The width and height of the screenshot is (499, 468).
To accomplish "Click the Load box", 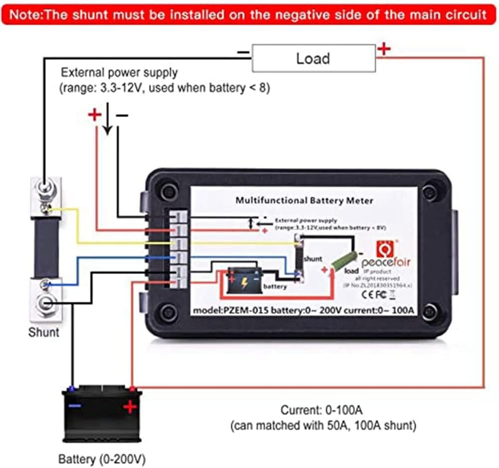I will coord(314,58).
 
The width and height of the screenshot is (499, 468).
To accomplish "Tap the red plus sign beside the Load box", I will coord(384,49).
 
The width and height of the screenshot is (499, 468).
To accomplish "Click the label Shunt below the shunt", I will coord(43,332).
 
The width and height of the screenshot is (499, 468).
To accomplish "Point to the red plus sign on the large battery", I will coord(130,407).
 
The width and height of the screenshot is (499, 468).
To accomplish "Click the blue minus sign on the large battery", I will coord(75,406).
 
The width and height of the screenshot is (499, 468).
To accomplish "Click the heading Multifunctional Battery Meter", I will coord(304,200).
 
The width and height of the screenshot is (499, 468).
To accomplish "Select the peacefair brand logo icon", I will coord(384,246).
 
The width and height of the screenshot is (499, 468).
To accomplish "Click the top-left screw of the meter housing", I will coord(168,191).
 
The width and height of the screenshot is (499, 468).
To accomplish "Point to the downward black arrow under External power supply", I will coord(108,123).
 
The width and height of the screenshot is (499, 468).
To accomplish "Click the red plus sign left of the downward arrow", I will coord(94,116).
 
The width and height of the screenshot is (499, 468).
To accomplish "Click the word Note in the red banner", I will coord(24,14).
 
